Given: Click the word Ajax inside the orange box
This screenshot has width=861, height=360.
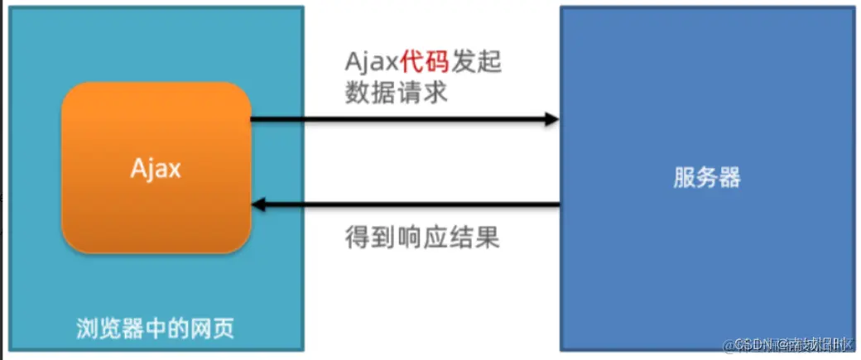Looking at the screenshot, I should click(x=156, y=168).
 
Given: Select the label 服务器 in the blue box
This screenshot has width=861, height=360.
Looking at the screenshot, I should click(x=706, y=177).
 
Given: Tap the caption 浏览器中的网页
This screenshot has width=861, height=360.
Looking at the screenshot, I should click(x=156, y=329).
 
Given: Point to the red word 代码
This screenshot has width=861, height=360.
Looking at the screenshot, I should click(x=425, y=62).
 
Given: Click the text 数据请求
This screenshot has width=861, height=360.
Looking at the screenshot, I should click(x=397, y=93).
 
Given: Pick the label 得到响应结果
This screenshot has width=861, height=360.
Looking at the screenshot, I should click(x=422, y=238).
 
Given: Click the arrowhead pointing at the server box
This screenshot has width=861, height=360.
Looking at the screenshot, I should click(x=551, y=120).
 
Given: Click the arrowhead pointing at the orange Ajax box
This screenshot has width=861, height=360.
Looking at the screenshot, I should click(x=259, y=204).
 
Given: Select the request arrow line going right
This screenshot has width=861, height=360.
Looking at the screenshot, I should click(x=397, y=120).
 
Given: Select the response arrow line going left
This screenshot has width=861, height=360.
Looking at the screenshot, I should click(x=414, y=204).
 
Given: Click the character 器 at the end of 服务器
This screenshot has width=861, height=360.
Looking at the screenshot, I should click(x=729, y=177).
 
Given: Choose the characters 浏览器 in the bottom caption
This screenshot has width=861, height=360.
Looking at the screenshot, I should click(x=105, y=329).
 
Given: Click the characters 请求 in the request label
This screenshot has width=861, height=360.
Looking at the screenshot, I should click(x=422, y=93).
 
